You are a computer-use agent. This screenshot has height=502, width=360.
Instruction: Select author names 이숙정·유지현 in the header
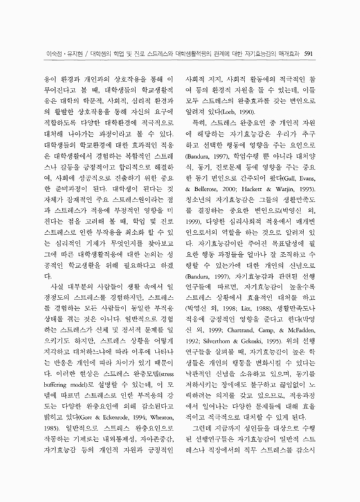pos(56,54)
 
